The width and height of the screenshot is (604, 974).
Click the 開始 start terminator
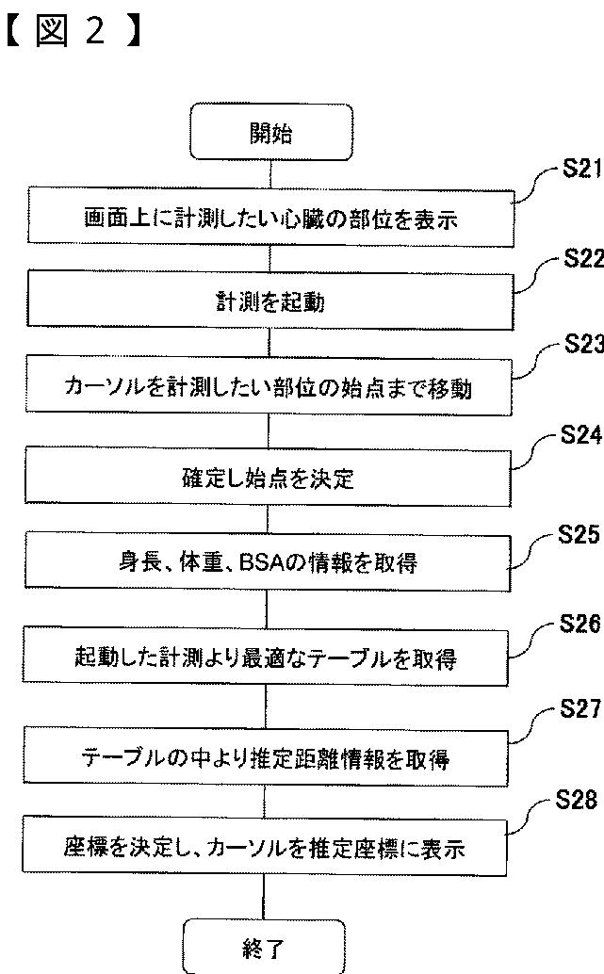tap(270, 133)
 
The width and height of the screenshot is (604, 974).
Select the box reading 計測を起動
tap(270, 301)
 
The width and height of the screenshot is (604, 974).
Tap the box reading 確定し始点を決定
tap(270, 477)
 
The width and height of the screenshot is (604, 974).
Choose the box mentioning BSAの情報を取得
tap(270, 564)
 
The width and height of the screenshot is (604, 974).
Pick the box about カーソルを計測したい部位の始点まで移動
tap(270, 387)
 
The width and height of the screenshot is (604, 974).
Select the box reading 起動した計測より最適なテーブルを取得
tap(270, 656)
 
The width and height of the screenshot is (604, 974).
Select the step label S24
tap(580, 435)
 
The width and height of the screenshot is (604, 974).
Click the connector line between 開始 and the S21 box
tap(270, 173)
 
